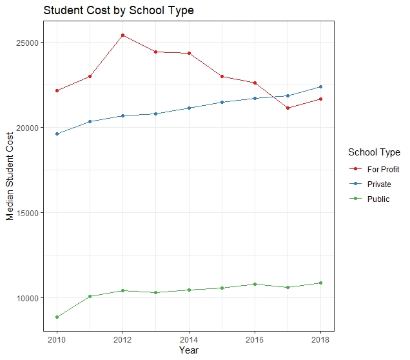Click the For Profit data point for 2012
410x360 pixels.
tap(123, 35)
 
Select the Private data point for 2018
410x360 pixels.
tap(320, 86)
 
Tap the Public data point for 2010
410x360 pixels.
tap(57, 317)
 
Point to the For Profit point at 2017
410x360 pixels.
tap(288, 108)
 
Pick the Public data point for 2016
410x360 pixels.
tap(255, 284)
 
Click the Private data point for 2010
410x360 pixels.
tap(57, 134)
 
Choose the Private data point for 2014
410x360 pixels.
tap(189, 108)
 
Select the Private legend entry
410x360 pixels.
tap(379, 184)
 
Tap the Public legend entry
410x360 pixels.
tap(378, 199)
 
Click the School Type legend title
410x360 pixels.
tap(374, 152)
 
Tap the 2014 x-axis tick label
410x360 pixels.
tap(189, 339)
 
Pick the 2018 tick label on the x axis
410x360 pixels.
tap(320, 339)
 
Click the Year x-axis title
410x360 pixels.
tap(189, 350)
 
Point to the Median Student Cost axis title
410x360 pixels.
tap(10, 176)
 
